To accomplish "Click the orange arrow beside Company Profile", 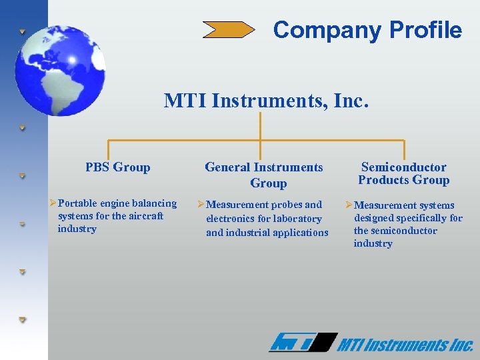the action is (x=229, y=29).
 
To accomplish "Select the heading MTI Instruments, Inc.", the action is (x=266, y=101).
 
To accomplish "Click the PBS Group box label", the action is (x=118, y=167).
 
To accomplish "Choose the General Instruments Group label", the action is (x=264, y=175).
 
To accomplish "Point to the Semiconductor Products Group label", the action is (x=403, y=173).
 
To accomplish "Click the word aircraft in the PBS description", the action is (x=143, y=216).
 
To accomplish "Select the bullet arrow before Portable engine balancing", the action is (x=53, y=203).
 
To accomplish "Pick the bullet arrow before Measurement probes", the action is (x=201, y=205).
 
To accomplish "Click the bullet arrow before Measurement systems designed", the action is (x=349, y=205).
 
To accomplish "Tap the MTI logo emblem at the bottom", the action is (x=301, y=343).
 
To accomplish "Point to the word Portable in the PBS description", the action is (x=77, y=203).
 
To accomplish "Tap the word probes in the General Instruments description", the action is (x=287, y=205).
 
